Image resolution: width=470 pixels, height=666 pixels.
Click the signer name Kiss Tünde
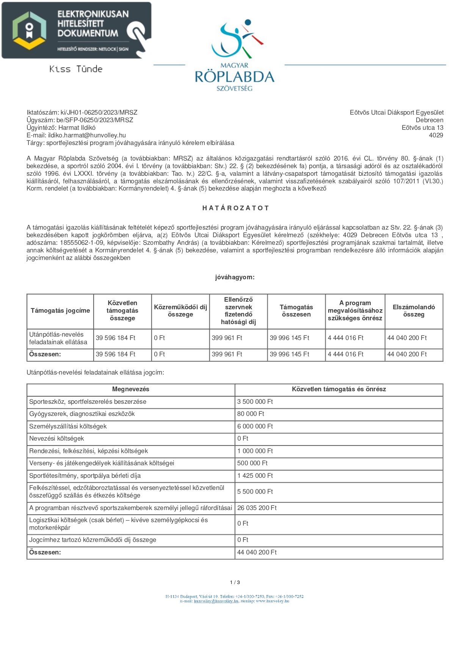tap(76, 69)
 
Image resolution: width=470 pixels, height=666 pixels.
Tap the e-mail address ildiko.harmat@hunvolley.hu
tap(87, 135)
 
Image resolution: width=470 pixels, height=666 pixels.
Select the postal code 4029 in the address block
tap(436, 135)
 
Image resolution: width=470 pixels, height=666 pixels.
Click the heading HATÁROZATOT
tap(235, 208)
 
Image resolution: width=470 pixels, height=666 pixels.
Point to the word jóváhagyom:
tap(235, 277)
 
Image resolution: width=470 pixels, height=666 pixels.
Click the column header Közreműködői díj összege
tap(180, 311)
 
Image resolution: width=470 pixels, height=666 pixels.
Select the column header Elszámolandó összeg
tap(414, 311)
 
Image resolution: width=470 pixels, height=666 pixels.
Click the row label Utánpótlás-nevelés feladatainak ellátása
tap(58, 338)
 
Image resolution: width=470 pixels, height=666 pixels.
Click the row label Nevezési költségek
tap(56, 438)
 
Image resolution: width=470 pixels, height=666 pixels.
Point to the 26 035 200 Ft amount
tap(257, 508)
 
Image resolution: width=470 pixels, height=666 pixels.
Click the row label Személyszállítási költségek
tap(68, 426)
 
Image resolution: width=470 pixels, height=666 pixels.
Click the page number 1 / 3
tap(235, 582)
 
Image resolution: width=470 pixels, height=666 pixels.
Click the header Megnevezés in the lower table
tap(131, 389)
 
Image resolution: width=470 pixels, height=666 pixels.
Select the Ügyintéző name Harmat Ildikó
tap(77, 128)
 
